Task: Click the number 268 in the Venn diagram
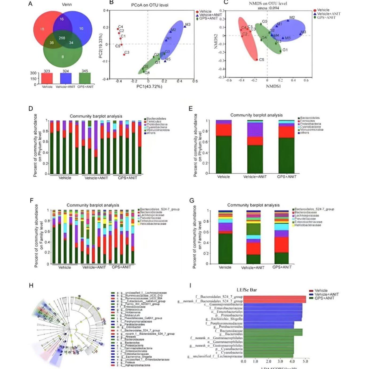click(x=62, y=38)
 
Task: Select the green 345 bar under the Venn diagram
click(x=85, y=78)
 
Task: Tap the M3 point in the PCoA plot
click(x=184, y=26)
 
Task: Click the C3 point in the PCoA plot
click(x=124, y=55)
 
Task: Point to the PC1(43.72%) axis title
click(x=149, y=86)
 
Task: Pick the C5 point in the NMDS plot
click(x=257, y=60)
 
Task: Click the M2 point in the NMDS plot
click(x=288, y=20)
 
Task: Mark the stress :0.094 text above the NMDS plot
click(x=268, y=8)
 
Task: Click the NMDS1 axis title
click(x=273, y=86)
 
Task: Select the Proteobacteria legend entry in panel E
click(x=310, y=124)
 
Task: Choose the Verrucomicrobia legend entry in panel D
click(x=158, y=130)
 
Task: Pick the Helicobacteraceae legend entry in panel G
click(x=308, y=225)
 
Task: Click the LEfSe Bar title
click(x=247, y=290)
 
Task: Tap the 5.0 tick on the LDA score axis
click(x=305, y=361)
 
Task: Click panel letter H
click(x=31, y=286)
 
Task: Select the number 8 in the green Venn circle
click(x=63, y=57)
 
